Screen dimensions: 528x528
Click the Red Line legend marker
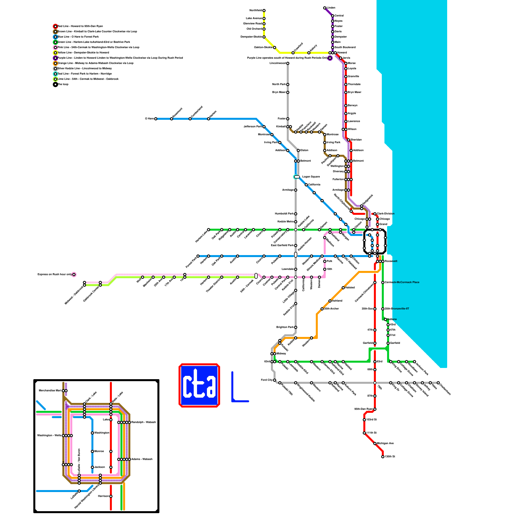pyautogui.click(x=55, y=26)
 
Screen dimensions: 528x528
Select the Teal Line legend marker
pyautogui.click(x=55, y=74)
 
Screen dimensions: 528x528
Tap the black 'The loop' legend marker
pyautogui.click(x=55, y=84)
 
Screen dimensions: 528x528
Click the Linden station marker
pyautogui.click(x=325, y=8)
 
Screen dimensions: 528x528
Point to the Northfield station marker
pyautogui.click(x=264, y=11)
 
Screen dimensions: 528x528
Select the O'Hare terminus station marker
pyautogui.click(x=156, y=119)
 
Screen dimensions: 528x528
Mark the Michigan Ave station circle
pyautogui.click(x=375, y=444)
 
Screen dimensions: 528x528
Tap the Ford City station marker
pyautogui.click(x=275, y=380)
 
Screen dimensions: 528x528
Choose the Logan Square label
pyautogui.click(x=311, y=177)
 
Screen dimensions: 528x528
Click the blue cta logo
pyautogui.click(x=199, y=385)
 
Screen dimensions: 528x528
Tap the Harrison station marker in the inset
pyautogui.click(x=111, y=496)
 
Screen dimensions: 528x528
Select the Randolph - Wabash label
pyautogui.click(x=144, y=422)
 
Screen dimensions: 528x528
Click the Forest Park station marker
pyautogui.click(x=198, y=256)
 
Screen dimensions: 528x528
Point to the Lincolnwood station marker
pyautogui.click(x=288, y=63)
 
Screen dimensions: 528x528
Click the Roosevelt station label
pyautogui.click(x=391, y=261)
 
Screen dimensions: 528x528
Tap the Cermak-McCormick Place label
pyautogui.click(x=402, y=282)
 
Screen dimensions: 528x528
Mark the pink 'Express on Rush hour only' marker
pyautogui.click(x=74, y=275)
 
